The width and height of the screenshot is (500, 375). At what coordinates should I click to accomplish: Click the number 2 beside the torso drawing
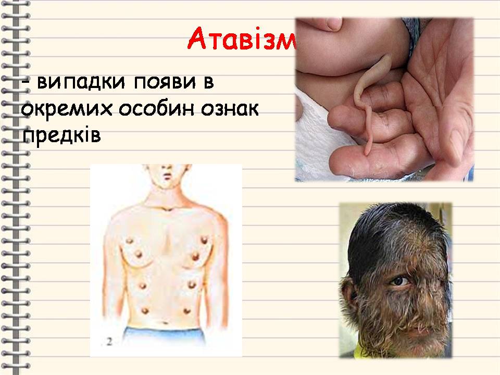(x=109, y=342)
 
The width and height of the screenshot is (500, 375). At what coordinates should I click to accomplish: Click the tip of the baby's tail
(x=368, y=153)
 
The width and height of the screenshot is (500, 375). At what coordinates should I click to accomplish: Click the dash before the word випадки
(x=26, y=83)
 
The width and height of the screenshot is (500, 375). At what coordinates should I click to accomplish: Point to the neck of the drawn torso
(x=167, y=195)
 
